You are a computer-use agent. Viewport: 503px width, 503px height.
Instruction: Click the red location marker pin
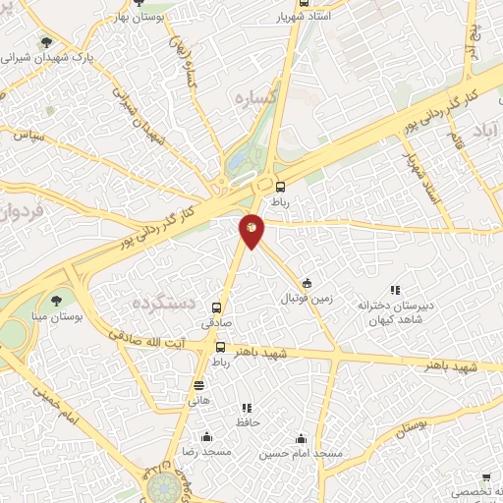coord(252,230)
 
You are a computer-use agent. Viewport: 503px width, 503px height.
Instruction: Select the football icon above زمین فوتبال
coord(307,282)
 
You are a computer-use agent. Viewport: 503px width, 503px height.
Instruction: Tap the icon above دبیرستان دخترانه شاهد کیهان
coord(395,291)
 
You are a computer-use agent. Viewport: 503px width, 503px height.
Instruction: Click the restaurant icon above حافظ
coord(247,408)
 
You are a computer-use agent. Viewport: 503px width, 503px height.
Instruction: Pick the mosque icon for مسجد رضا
coord(205,437)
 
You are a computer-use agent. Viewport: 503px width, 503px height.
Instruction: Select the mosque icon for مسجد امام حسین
coord(301,439)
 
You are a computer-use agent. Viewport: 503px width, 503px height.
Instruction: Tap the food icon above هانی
coord(199,385)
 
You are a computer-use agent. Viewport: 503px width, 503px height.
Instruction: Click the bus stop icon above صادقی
coord(217,307)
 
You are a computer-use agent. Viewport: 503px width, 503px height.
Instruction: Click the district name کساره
coord(252,97)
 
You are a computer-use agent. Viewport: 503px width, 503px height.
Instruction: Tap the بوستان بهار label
coord(137,18)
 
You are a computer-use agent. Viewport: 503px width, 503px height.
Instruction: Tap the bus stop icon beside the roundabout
coord(282,186)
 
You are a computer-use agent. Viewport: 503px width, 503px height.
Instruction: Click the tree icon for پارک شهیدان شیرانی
coord(45,42)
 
